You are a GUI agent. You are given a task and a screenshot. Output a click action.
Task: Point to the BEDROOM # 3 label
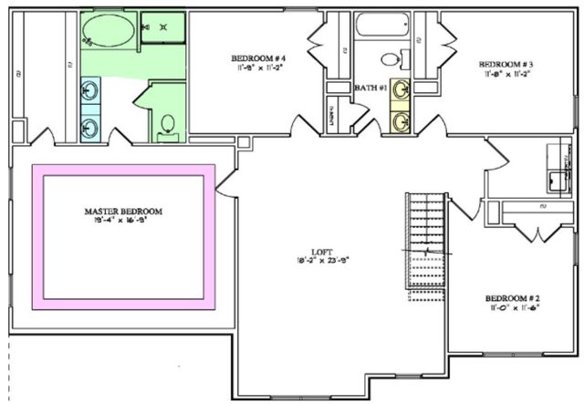pos(506,64)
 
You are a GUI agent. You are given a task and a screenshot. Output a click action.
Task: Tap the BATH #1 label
pos(370,88)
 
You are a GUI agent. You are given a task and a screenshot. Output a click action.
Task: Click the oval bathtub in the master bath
pos(108,34)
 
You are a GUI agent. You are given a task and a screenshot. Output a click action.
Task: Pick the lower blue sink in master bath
pos(89,128)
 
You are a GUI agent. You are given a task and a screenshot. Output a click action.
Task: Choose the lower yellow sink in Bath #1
pos(400,120)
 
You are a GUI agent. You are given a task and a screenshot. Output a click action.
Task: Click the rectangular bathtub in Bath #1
pos(381,25)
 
